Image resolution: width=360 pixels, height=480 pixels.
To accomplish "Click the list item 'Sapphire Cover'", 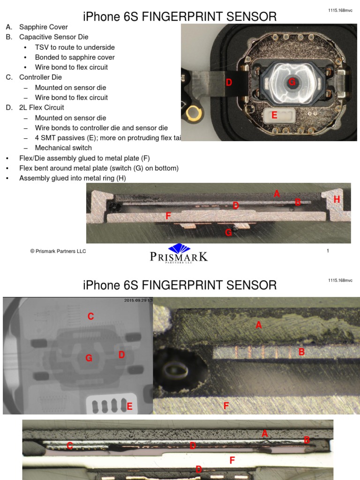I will pyautogui.click(x=43, y=27).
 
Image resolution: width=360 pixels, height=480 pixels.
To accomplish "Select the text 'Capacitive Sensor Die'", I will pyautogui.click(x=53, y=37).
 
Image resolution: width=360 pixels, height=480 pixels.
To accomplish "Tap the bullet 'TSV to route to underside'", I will pyautogui.click(x=75, y=47).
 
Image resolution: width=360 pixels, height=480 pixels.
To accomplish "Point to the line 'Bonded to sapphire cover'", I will pyautogui.click(x=75, y=57).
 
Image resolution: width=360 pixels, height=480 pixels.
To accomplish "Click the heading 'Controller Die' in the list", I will pyautogui.click(x=40, y=77).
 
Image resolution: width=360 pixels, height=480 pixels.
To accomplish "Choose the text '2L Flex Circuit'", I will pyautogui.click(x=41, y=108).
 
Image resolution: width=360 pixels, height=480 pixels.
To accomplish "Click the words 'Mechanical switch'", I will pyautogui.click(x=63, y=148).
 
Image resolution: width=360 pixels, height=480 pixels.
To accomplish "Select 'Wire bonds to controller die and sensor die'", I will pyautogui.click(x=101, y=128).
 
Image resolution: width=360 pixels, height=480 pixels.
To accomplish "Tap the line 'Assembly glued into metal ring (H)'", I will pyautogui.click(x=72, y=178).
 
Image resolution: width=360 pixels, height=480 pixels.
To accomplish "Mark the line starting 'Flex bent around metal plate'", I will pyautogui.click(x=98, y=168).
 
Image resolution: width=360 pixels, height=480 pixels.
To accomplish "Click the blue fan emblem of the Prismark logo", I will pyautogui.click(x=179, y=248).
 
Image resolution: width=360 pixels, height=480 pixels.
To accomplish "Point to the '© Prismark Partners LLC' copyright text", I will pyautogui.click(x=58, y=251).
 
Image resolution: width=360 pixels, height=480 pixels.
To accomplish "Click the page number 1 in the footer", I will pyautogui.click(x=328, y=251).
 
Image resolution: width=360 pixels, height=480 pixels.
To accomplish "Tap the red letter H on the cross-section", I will pyautogui.click(x=336, y=200).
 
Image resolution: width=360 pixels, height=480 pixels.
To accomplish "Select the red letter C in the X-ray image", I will pyautogui.click(x=90, y=317).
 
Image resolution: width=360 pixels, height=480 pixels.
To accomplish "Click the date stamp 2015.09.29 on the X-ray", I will pyautogui.click(x=138, y=300).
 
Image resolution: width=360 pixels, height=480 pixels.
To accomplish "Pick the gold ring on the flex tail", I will pyautogui.click(x=192, y=112).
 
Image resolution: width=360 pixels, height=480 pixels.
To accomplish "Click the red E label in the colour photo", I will pyautogui.click(x=274, y=115).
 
